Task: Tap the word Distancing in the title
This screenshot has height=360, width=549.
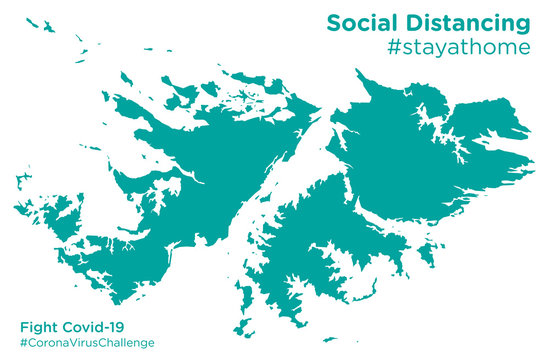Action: pos(467,22)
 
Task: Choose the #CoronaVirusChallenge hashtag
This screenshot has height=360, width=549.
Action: pos(87,343)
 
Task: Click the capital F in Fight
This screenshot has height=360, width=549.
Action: pos(24,326)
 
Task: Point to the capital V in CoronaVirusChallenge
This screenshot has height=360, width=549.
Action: pos(79,343)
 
